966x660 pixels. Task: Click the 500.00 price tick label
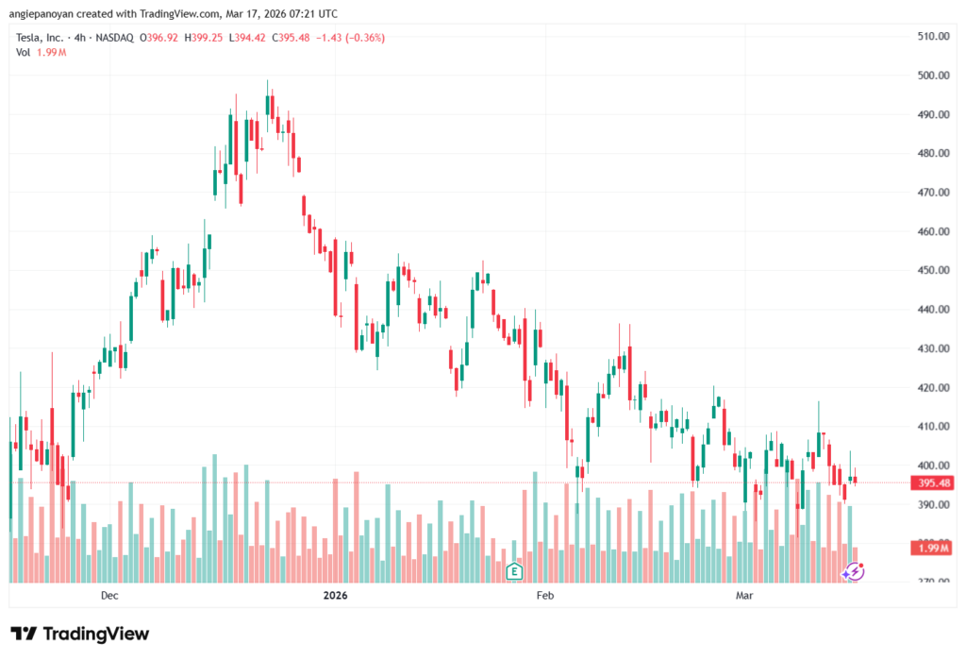click(x=933, y=76)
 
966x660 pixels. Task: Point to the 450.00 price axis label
click(x=933, y=270)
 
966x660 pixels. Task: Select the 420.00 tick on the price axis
click(x=933, y=387)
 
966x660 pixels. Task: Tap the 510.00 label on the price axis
click(x=933, y=37)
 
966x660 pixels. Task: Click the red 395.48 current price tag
click(x=932, y=483)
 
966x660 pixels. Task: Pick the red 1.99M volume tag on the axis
click(x=932, y=548)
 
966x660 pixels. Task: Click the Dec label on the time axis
click(x=109, y=596)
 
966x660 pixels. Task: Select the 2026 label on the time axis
click(x=335, y=596)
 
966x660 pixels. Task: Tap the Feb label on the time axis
click(x=543, y=596)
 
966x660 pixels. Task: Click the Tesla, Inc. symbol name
click(x=41, y=38)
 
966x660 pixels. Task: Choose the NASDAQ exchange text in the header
click(x=112, y=38)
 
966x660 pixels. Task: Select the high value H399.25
click(x=207, y=38)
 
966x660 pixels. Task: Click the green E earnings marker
click(x=514, y=570)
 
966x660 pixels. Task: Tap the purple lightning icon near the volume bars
click(x=854, y=571)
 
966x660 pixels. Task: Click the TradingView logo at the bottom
click(x=80, y=634)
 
